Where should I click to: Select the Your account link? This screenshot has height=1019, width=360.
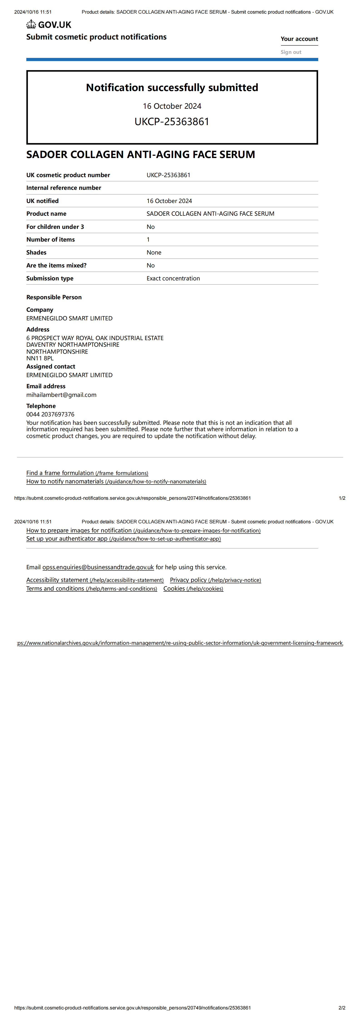coord(299,39)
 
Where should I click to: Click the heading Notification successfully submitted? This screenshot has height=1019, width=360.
coord(172,87)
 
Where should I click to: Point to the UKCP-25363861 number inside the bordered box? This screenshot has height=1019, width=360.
coord(172,121)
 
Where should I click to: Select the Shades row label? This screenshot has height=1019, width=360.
coord(36,252)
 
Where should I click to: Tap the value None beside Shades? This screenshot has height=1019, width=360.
coord(154,252)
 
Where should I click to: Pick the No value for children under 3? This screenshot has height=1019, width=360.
coord(151,227)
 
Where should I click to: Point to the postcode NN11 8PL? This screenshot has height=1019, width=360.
coord(40,358)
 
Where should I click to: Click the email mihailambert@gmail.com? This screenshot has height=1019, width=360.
coord(61,395)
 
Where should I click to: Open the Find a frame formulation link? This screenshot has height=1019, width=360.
coord(87,473)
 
